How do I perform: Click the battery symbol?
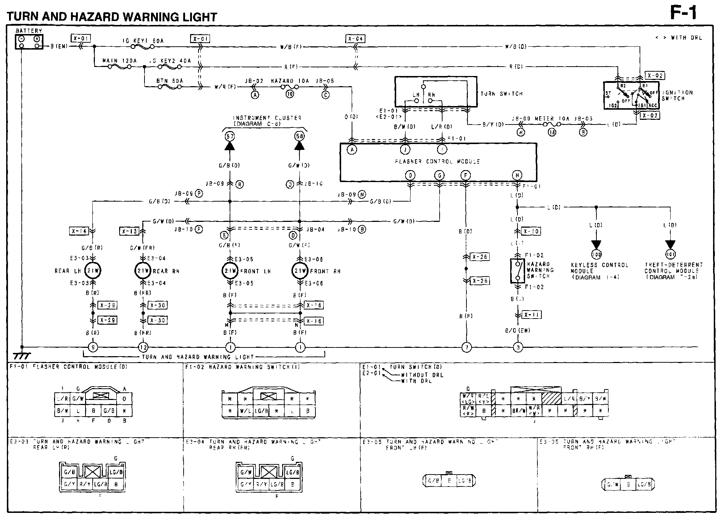click(x=29, y=42)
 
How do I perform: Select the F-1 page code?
click(x=683, y=13)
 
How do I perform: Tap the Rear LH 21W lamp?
click(x=93, y=271)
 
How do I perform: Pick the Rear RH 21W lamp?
click(x=143, y=271)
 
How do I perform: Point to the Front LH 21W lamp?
click(x=230, y=271)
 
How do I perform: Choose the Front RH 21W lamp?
click(x=300, y=271)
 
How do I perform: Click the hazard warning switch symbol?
click(x=517, y=271)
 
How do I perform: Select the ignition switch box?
click(x=631, y=95)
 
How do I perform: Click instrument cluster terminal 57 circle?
click(x=230, y=136)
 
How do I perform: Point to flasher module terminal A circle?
click(x=352, y=149)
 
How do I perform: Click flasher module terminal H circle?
click(x=517, y=176)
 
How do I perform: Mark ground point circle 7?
click(x=466, y=348)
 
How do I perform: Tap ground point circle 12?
click(x=143, y=348)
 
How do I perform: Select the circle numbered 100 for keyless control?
click(x=596, y=254)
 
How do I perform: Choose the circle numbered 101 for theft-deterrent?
click(x=670, y=254)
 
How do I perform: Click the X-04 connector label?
click(x=355, y=39)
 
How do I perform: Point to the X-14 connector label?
click(x=79, y=231)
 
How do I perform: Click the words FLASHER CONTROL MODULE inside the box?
click(x=437, y=161)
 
